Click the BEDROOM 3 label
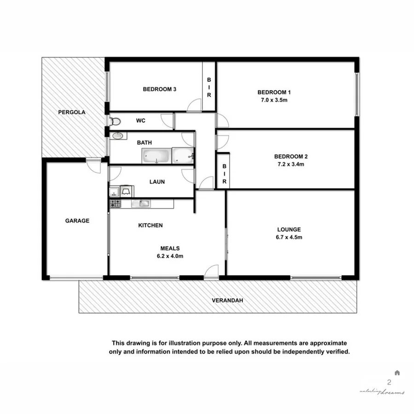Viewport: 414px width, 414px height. coord(160,89)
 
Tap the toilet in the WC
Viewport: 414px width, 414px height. coord(115,121)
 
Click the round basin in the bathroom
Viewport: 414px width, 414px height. coord(118,136)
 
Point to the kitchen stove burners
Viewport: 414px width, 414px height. coord(115,203)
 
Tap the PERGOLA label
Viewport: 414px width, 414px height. coord(71,112)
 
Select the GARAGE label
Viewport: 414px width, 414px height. coord(77,221)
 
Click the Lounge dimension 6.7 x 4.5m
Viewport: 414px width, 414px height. coord(289,237)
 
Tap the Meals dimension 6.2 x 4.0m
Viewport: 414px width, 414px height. coord(170,256)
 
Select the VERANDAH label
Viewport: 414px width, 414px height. coord(227,301)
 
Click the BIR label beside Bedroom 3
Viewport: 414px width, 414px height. coord(209,87)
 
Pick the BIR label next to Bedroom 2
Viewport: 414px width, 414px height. coord(224,175)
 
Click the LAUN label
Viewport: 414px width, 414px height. coord(157,182)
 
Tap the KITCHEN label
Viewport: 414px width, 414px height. coord(150,225)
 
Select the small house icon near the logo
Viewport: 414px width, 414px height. coord(397,373)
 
